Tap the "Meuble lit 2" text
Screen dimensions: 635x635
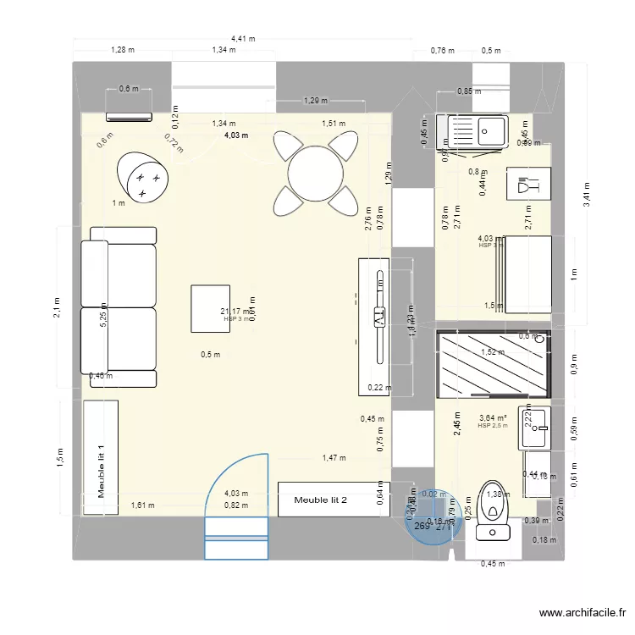coord(321,500)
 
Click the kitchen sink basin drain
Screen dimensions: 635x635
coord(486,130)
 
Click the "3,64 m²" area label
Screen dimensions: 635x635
coord(493,417)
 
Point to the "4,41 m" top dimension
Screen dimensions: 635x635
coord(243,38)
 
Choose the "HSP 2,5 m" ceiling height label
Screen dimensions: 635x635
coord(493,426)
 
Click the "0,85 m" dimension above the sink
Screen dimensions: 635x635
coord(468,91)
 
